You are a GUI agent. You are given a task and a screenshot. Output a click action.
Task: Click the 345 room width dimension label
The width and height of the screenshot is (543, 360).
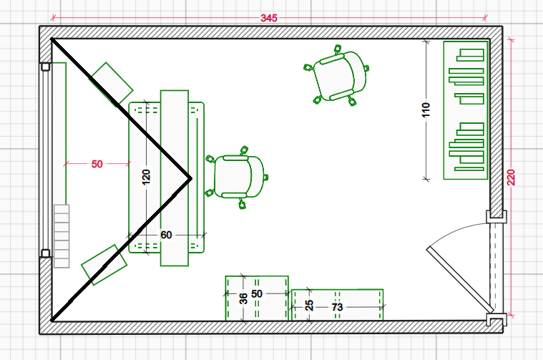269,18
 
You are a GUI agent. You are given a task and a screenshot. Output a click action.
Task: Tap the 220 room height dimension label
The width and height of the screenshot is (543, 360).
512,177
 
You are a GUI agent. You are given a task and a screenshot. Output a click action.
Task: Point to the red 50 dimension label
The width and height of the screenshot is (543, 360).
97,164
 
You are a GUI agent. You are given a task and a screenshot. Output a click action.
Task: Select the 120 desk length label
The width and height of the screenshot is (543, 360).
146,177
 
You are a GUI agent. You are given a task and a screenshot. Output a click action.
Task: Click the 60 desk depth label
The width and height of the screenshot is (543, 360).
166,235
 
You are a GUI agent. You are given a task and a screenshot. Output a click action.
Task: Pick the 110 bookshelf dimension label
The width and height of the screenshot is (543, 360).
426,110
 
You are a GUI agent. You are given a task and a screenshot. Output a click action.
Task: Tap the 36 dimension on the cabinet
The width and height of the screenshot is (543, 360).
243,298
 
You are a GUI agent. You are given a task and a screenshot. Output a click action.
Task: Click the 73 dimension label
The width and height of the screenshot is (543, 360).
337,307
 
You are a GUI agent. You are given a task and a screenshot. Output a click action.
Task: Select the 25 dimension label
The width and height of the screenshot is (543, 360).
309,306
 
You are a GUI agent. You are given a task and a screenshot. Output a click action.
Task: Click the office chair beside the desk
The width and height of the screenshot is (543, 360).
238,177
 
